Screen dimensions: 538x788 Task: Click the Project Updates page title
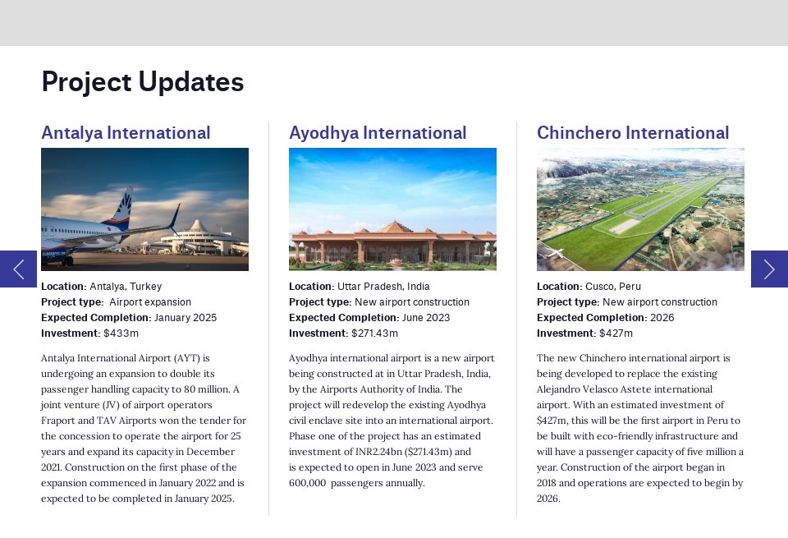point(143,82)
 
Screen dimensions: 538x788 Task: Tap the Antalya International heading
point(126,133)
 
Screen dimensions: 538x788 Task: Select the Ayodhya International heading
point(378,133)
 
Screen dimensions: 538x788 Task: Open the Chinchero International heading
point(633,133)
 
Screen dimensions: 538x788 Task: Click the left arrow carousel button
point(18,269)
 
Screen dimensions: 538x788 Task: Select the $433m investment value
point(121,333)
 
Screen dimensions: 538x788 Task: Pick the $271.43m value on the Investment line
point(374,333)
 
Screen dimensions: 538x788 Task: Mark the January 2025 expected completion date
point(186,318)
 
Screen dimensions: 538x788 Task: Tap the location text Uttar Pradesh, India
point(383,287)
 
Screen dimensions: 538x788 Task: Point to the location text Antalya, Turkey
point(126,287)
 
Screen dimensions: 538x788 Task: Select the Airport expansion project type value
point(150,302)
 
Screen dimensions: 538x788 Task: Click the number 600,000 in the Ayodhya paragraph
point(308,483)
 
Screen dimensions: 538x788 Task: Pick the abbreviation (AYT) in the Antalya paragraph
point(186,358)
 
